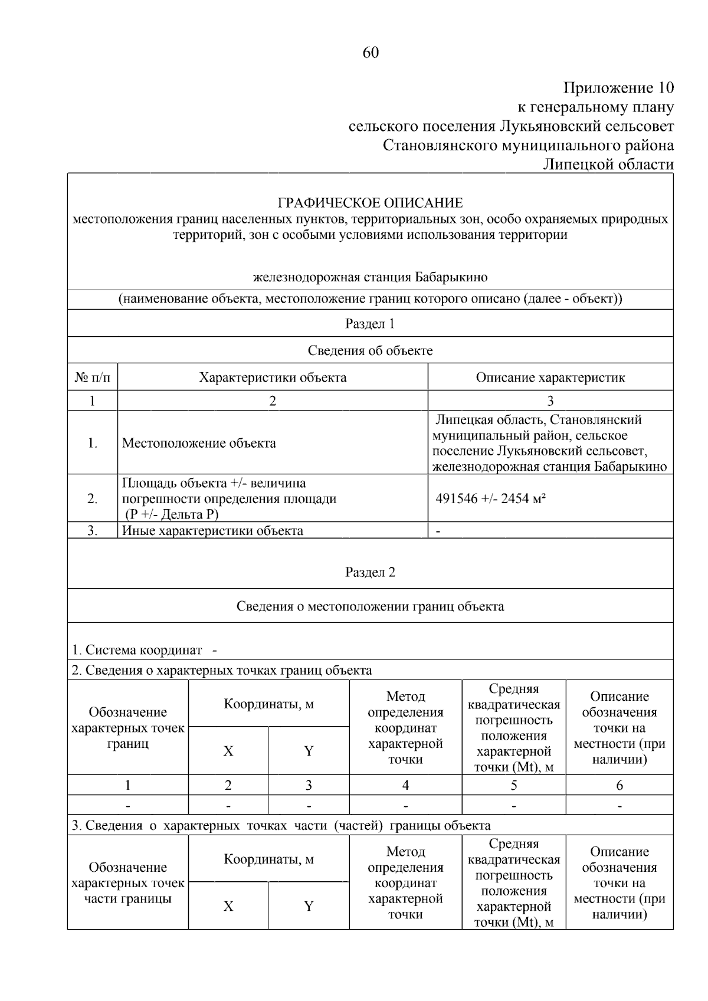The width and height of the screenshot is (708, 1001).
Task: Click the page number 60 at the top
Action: coord(370,53)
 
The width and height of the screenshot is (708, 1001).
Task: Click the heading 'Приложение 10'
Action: coord(618,88)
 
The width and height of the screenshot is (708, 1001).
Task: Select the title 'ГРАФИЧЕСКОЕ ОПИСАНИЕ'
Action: coord(370,204)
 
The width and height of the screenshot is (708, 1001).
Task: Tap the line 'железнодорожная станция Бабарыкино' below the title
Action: coord(370,277)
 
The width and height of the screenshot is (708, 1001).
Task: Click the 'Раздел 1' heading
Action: coord(370,324)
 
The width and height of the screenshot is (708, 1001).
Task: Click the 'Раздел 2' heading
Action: coord(370,573)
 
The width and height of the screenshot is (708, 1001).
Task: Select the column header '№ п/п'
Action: coord(92,378)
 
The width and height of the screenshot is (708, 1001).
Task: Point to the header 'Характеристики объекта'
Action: coord(273,378)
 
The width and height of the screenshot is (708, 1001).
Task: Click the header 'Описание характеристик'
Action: coord(550,378)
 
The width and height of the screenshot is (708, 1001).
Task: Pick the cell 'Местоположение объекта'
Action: coord(199,444)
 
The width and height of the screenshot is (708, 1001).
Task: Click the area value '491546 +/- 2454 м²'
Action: coord(490,499)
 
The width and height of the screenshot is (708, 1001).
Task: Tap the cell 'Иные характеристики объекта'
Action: coord(212,530)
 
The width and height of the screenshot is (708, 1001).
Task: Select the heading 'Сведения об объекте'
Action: coord(370,351)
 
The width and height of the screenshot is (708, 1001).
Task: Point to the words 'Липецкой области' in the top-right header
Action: coord(608,165)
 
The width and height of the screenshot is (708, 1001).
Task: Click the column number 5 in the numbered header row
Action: coord(513,785)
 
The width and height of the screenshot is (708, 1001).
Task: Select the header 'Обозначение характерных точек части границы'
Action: coord(128,883)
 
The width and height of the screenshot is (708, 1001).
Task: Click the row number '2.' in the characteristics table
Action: coord(92,499)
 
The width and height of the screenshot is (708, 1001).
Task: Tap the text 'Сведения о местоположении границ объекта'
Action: coord(370,606)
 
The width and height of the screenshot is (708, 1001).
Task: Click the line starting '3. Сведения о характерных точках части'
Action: coord(281,825)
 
